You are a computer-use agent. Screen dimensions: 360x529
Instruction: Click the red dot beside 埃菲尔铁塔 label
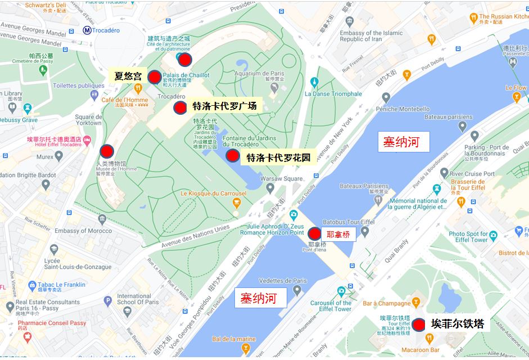coord(419,325)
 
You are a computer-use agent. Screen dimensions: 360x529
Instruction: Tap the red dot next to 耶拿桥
coord(315,233)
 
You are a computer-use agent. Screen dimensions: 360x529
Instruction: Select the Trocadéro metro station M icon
coord(87,30)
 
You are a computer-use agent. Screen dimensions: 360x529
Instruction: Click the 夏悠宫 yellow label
coord(128,76)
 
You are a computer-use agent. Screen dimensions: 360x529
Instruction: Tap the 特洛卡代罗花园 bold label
coord(278,157)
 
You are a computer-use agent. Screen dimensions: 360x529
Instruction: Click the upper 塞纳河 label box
coord(401,142)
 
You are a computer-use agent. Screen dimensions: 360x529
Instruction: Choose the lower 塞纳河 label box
coord(260,296)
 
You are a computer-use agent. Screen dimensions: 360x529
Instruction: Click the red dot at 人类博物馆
coord(107,151)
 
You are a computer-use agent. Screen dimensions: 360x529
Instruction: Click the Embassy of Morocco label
coord(84,231)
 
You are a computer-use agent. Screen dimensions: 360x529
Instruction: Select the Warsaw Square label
coord(282,179)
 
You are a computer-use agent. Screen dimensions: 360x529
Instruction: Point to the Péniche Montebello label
coord(403,109)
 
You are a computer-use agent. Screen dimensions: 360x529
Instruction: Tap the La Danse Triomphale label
coord(333,94)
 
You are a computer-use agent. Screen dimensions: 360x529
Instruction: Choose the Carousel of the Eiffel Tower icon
coord(341,291)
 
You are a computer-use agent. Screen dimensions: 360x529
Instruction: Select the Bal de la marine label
coord(234,339)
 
